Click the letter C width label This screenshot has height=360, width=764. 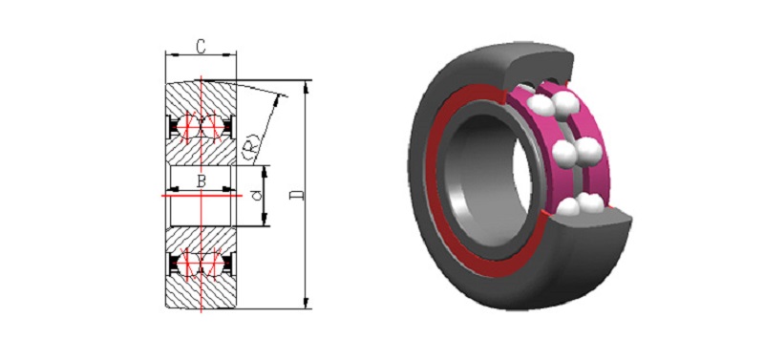click(x=200, y=46)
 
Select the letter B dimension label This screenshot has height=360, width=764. click(x=201, y=181)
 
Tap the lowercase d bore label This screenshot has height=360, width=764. click(x=258, y=196)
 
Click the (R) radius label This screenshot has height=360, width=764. click(x=249, y=151)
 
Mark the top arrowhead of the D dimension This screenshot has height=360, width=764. click(x=306, y=86)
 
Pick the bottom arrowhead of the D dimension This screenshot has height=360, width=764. click(x=306, y=303)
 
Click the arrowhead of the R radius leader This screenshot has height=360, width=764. click(x=279, y=99)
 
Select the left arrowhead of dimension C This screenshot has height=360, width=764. click(x=170, y=54)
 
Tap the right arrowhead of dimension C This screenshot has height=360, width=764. click(x=231, y=54)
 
